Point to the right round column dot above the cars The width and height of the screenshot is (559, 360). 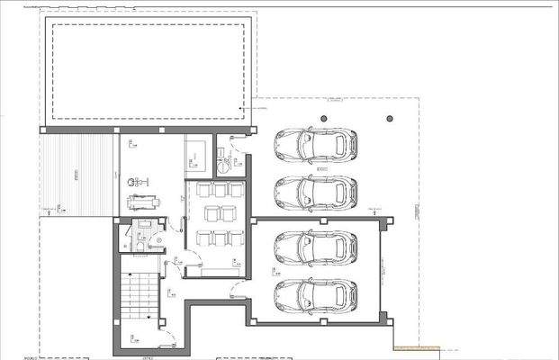[x=390, y=118]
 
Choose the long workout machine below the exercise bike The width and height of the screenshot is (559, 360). [x=141, y=202]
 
